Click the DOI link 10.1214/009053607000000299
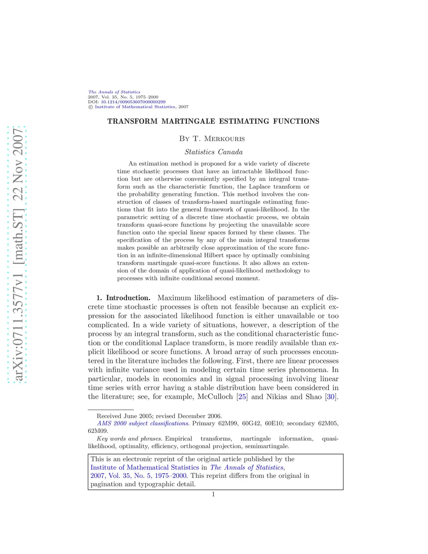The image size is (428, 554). coord(133,102)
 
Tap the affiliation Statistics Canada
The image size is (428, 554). coord(214,152)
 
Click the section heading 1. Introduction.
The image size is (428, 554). coord(123,298)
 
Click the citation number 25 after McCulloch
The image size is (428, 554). coord(242,397)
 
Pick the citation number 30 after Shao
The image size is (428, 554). coord(331,397)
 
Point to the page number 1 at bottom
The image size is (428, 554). coord(213,494)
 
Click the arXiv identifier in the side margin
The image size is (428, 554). coord(18,255)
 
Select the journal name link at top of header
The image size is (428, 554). coord(114,92)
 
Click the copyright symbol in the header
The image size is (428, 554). coord(90,107)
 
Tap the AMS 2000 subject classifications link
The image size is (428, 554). coord(143,424)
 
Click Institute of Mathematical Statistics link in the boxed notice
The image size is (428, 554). coord(145,467)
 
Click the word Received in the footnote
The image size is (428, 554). coord(109,416)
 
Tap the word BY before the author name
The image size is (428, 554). coord(184,139)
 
